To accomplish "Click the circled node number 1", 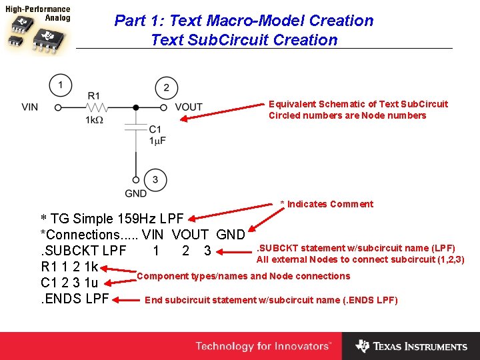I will (61, 85).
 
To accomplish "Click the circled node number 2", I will (166, 87).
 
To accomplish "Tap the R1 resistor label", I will (93, 96).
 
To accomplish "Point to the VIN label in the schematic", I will (30, 107).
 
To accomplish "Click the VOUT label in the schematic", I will (189, 107).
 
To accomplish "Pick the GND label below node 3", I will (135, 193).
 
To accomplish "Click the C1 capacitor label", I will (155, 129).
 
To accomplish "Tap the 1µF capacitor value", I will (157, 140).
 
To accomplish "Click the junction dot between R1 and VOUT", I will (135, 107).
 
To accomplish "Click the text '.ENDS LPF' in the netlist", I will (75, 299).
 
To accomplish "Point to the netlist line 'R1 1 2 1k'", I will (69, 267).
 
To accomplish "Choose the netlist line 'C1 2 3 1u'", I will (69, 283).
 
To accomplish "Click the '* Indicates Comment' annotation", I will (327, 204).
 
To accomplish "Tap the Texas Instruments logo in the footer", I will (411, 346).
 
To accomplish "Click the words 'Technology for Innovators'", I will (263, 346).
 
